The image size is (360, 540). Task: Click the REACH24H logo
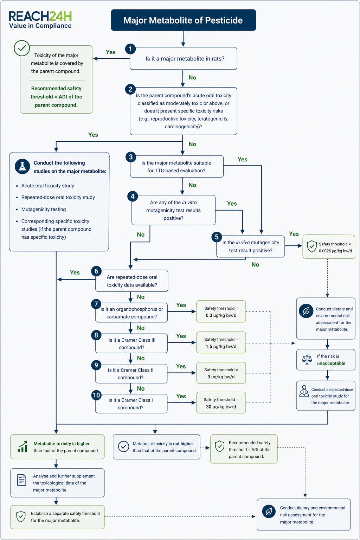click(40, 20)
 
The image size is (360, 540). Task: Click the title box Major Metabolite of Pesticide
click(183, 20)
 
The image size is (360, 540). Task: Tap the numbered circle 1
click(130, 49)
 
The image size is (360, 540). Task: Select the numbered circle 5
click(217, 237)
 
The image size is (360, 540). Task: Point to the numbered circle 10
click(96, 395)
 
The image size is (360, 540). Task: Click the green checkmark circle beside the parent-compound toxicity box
click(22, 48)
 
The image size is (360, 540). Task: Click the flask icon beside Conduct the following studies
click(22, 166)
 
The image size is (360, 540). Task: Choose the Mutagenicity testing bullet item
click(43, 209)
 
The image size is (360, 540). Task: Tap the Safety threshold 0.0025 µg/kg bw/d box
click(329, 246)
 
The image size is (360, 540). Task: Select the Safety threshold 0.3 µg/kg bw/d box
click(221, 311)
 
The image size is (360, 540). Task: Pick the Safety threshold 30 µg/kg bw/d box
click(221, 403)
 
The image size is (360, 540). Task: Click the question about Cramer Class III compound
click(131, 343)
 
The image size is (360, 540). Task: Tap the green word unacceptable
click(331, 363)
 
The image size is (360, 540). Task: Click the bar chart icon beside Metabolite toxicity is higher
click(22, 447)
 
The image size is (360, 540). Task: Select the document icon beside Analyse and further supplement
click(22, 480)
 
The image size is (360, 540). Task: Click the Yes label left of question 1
click(111, 52)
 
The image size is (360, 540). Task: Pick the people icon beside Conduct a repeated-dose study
click(304, 391)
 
